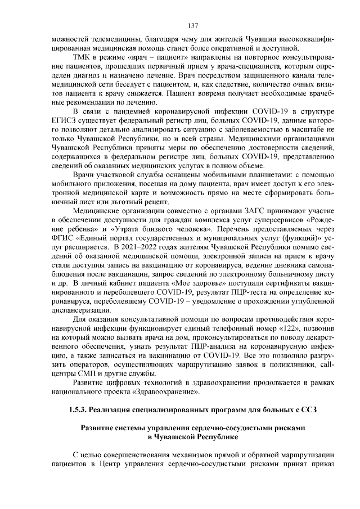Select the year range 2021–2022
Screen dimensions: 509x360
(x=134, y=242)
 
